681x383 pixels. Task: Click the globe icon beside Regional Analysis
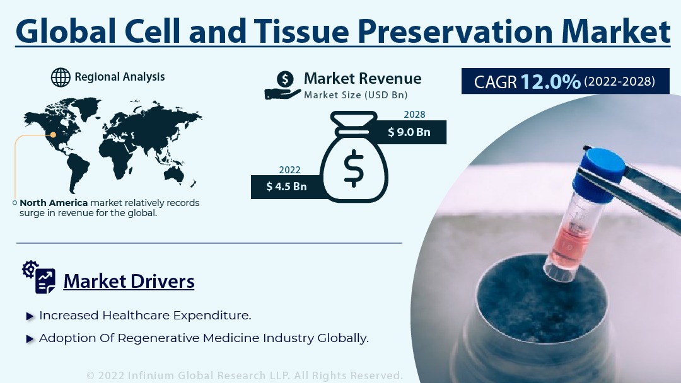pos(61,77)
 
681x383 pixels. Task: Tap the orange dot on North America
pos(53,135)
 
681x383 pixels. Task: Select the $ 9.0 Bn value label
pos(409,132)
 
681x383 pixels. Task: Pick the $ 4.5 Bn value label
pos(287,186)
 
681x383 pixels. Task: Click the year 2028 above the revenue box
pos(414,115)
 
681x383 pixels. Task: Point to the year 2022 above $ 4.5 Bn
pos(289,170)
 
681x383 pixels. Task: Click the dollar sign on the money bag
pos(354,168)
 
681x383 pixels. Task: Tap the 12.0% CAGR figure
pos(550,81)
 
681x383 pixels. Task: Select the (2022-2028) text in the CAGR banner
pos(619,81)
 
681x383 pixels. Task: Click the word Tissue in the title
pos(301,31)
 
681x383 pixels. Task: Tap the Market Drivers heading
pos(129,281)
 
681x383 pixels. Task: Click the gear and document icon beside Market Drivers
pos(38,277)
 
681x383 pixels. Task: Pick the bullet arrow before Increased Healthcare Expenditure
pos(30,316)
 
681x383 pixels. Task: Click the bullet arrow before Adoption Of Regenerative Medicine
pos(30,339)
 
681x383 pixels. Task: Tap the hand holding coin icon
pos(282,86)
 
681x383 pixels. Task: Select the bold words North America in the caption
pos(54,203)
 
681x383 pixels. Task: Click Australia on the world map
pos(174,174)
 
